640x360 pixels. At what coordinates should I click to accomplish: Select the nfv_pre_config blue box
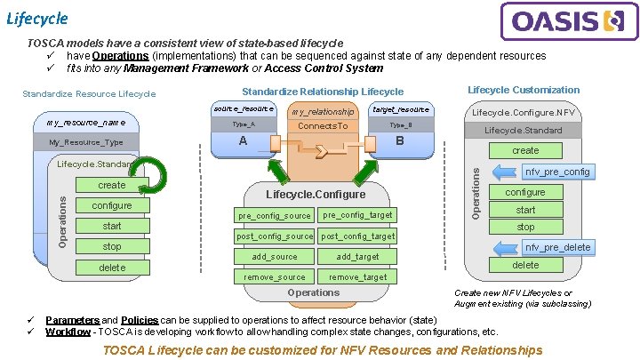pos(557,172)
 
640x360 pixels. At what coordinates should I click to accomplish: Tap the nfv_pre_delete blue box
pos(557,247)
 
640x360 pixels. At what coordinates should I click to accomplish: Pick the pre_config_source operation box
pos(274,215)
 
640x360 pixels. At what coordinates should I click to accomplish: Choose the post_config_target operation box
pos(357,236)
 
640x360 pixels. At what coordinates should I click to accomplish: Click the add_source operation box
pos(274,256)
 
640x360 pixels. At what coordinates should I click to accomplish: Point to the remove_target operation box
pos(357,276)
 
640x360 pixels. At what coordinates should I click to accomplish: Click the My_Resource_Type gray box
pos(85,142)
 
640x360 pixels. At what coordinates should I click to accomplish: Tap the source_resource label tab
pos(243,108)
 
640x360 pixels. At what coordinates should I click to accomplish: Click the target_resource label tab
pos(401,109)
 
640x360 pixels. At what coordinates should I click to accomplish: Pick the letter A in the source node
pos(243,141)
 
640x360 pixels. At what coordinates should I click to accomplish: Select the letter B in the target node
pos(400,141)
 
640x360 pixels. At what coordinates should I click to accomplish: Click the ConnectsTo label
pos(322,127)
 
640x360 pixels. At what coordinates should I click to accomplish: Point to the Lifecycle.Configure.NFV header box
pos(523,113)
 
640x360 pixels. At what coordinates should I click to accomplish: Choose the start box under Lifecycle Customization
pos(525,210)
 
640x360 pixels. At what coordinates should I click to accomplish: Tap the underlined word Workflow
pos(68,332)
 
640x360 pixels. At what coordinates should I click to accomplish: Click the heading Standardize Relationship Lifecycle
pos(322,92)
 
